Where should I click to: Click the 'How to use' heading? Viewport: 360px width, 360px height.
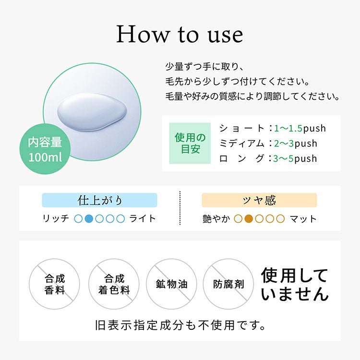[180, 35]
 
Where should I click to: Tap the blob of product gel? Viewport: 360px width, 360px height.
[92, 112]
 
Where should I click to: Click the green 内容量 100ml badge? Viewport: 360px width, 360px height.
[45, 149]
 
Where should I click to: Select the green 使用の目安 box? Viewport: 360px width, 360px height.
[190, 143]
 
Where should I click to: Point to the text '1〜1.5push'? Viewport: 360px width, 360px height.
[300, 128]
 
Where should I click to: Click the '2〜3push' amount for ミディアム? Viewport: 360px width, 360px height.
[296, 144]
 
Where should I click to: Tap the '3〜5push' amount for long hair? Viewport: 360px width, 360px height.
[295, 159]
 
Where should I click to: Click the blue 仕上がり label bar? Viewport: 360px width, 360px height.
[99, 200]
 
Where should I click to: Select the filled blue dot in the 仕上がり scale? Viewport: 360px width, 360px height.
[89, 218]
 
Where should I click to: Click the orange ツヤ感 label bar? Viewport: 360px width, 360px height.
[259, 200]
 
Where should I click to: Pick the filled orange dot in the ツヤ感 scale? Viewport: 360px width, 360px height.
[249, 219]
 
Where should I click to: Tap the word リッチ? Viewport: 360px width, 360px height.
[56, 218]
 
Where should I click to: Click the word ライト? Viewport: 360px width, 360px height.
[143, 218]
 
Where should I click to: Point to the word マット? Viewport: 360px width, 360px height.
[303, 219]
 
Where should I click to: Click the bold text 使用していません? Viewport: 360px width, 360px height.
[295, 285]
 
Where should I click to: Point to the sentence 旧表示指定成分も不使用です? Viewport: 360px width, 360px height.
[180, 325]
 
